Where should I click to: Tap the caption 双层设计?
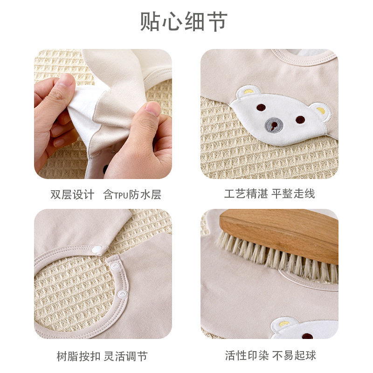(x=72, y=194)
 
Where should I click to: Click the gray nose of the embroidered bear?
(x=274, y=124)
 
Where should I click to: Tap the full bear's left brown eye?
(x=261, y=107)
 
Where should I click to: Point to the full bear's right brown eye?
(x=300, y=119)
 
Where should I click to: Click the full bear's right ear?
(x=321, y=110)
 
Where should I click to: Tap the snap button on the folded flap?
(x=98, y=250)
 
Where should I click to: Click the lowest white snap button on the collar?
(x=122, y=294)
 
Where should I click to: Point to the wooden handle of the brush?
(x=284, y=231)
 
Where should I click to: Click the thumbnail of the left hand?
(x=65, y=80)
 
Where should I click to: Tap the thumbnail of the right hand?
(x=152, y=109)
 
